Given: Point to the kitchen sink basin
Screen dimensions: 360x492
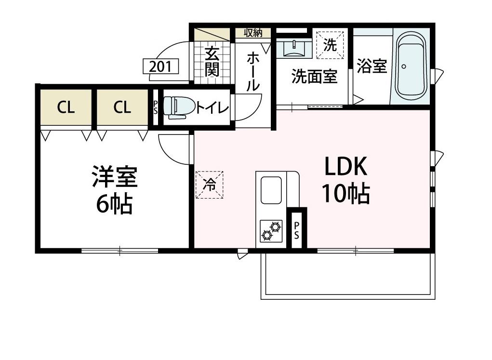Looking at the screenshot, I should [x=271, y=190].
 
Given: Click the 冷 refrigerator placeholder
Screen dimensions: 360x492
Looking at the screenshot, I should [x=210, y=184].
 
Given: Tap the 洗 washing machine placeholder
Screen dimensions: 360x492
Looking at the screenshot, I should [x=330, y=45].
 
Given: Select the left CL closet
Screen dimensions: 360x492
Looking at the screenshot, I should [x=66, y=107].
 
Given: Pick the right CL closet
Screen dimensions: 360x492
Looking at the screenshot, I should [x=122, y=107].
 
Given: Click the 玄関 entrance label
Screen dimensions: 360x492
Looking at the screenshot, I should [x=212, y=62].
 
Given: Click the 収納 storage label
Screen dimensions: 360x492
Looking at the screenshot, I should [x=253, y=33].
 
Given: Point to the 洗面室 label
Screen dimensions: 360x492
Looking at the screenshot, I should [x=314, y=77].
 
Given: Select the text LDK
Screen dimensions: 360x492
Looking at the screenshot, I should [x=346, y=168].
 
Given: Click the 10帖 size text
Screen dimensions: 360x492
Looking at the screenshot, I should [x=346, y=194].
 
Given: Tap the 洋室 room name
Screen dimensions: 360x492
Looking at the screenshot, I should [x=115, y=177].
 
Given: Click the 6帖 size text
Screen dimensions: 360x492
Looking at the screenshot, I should [x=115, y=204].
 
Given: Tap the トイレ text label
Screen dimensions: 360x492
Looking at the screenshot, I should [x=212, y=107].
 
